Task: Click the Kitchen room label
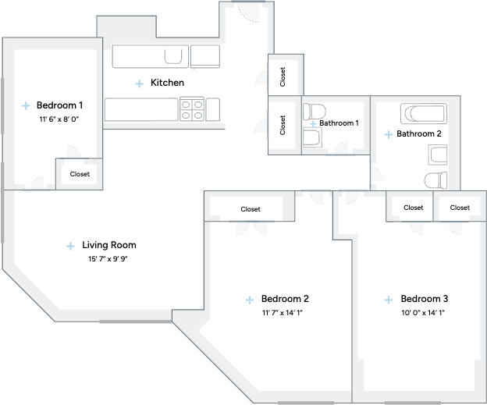click(x=167, y=83)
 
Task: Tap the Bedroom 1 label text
click(x=59, y=105)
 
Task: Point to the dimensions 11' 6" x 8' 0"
click(x=59, y=119)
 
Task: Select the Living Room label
click(x=109, y=245)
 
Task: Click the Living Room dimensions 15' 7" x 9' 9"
click(x=108, y=259)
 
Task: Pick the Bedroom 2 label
click(x=285, y=299)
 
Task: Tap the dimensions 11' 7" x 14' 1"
click(x=282, y=312)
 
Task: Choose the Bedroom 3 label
click(x=425, y=299)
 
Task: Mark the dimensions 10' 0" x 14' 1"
click(x=423, y=312)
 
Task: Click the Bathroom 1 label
click(x=339, y=123)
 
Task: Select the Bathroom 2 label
click(x=419, y=134)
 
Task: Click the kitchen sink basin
click(x=173, y=56)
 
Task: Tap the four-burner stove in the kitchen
click(x=192, y=109)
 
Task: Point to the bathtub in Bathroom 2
click(x=424, y=114)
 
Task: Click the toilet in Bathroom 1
click(x=314, y=112)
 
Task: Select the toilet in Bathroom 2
click(x=435, y=180)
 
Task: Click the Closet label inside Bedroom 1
click(x=80, y=174)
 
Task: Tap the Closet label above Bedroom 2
click(x=251, y=209)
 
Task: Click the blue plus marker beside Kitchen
click(x=140, y=83)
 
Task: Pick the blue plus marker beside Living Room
click(x=70, y=246)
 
